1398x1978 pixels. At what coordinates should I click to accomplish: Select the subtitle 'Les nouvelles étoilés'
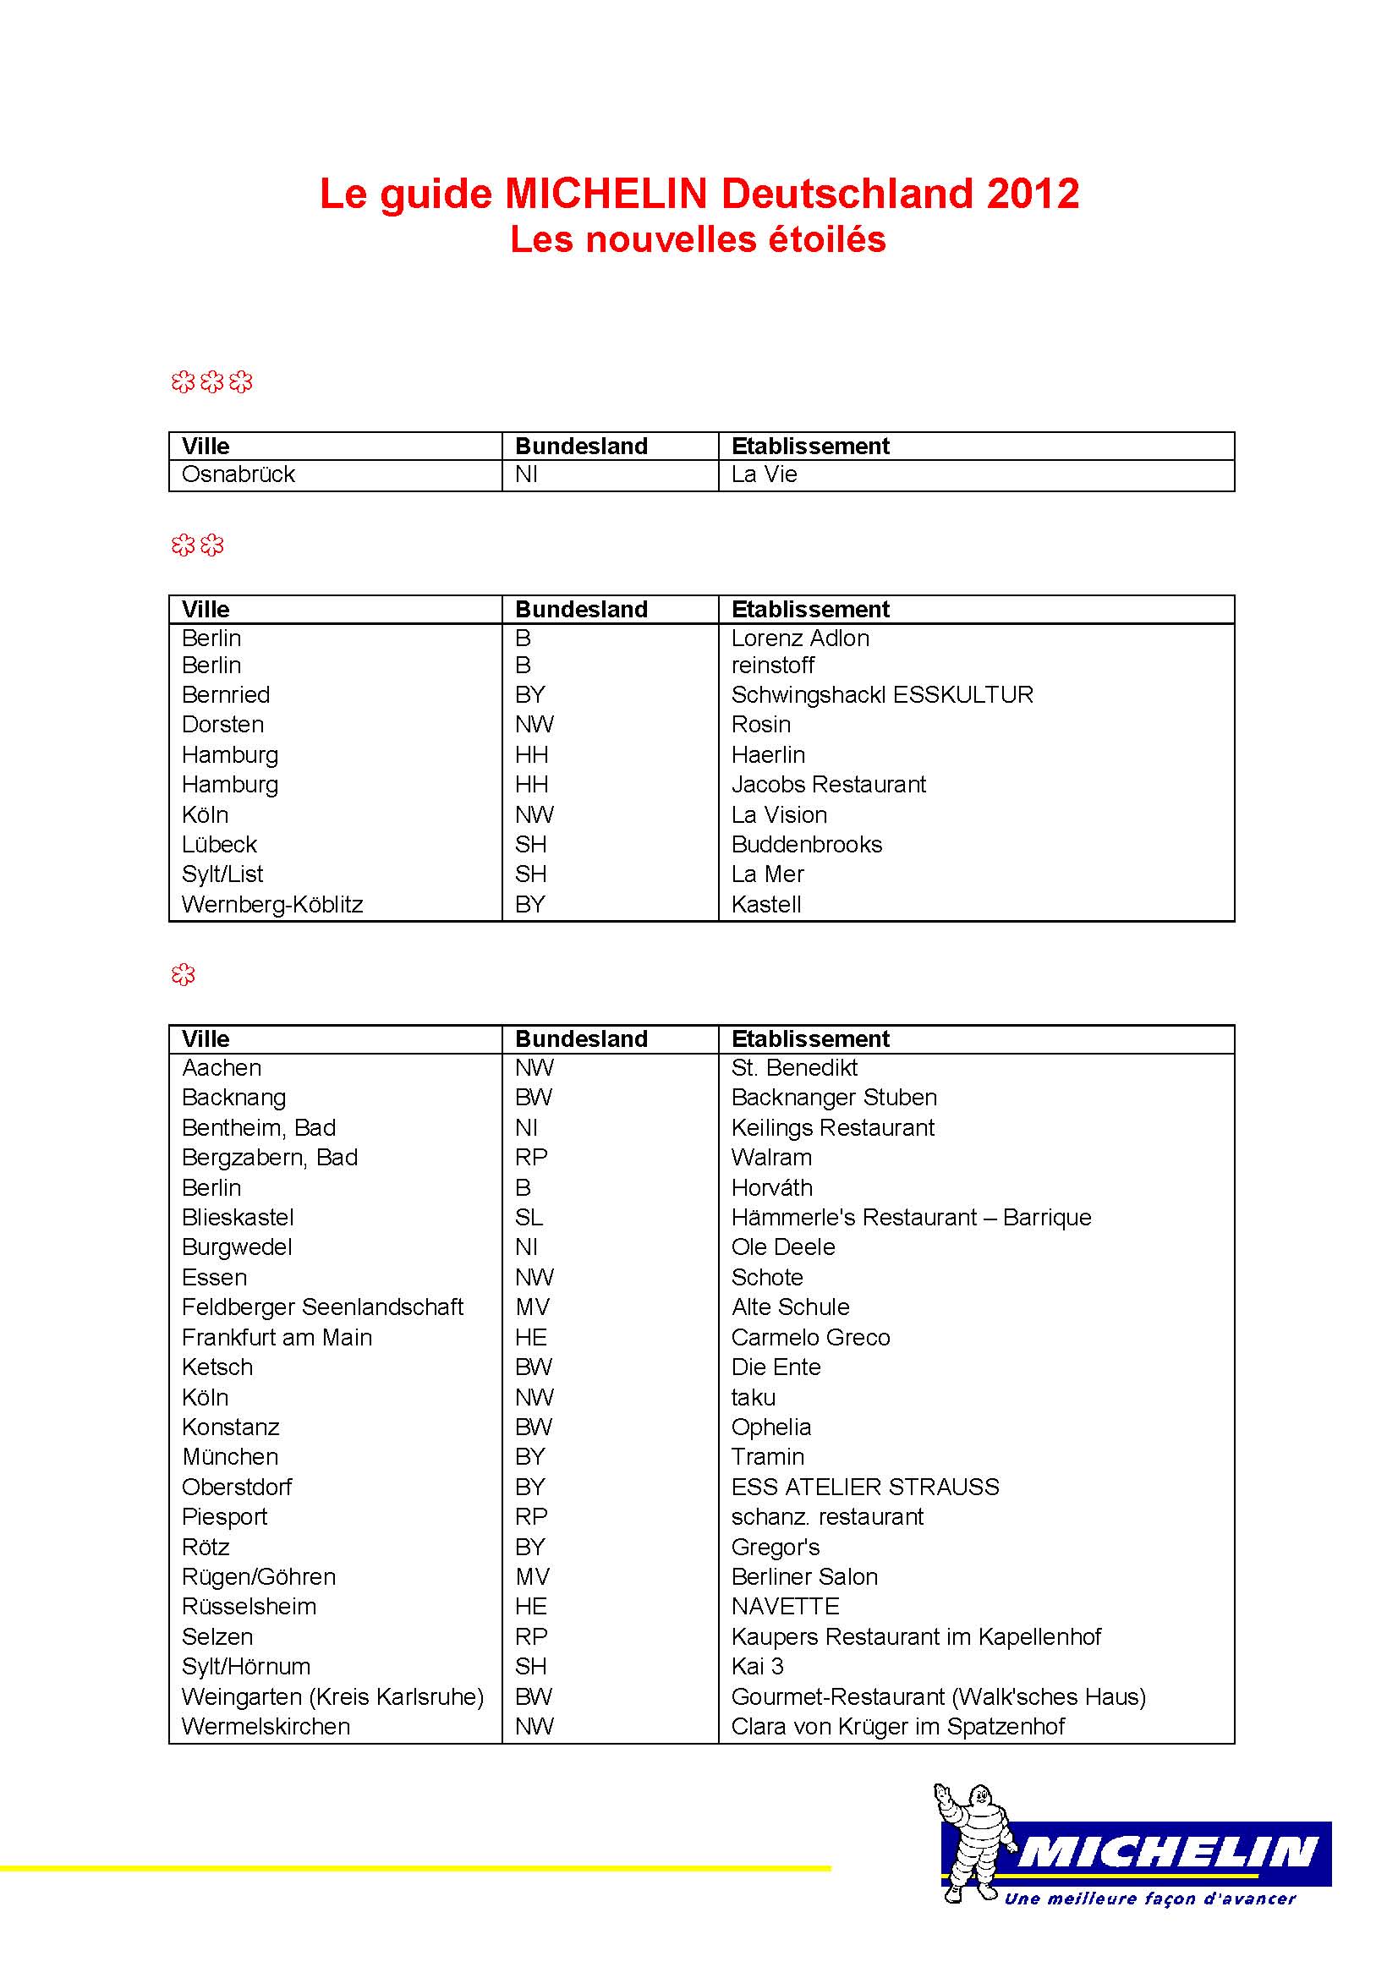pyautogui.click(x=698, y=239)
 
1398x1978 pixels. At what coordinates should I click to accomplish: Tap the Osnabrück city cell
pyautogui.click(x=238, y=474)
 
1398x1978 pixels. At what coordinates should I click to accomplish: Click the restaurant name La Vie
pyautogui.click(x=764, y=474)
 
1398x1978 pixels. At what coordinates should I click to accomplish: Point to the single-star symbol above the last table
pyautogui.click(x=183, y=974)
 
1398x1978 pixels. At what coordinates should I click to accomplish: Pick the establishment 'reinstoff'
pyautogui.click(x=773, y=666)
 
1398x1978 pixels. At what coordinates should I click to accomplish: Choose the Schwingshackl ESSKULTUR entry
pyautogui.click(x=882, y=695)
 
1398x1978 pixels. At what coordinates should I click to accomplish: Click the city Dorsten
pyautogui.click(x=222, y=725)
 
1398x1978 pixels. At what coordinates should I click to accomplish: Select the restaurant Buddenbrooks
pyautogui.click(x=806, y=844)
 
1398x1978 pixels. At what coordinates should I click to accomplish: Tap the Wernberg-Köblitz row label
pyautogui.click(x=272, y=905)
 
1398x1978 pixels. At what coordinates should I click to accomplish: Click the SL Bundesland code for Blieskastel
pyautogui.click(x=529, y=1217)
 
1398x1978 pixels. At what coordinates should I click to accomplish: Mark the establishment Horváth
pyautogui.click(x=772, y=1188)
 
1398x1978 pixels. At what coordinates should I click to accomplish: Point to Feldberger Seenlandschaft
pyautogui.click(x=322, y=1307)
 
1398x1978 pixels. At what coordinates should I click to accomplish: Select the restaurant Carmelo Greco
pyautogui.click(x=810, y=1337)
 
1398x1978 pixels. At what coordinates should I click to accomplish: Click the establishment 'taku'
pyautogui.click(x=753, y=1397)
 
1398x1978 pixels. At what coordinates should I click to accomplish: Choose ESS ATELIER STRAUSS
pyautogui.click(x=865, y=1487)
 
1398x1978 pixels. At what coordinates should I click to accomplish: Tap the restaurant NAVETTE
pyautogui.click(x=785, y=1607)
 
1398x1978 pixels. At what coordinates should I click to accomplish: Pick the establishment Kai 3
pyautogui.click(x=757, y=1666)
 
